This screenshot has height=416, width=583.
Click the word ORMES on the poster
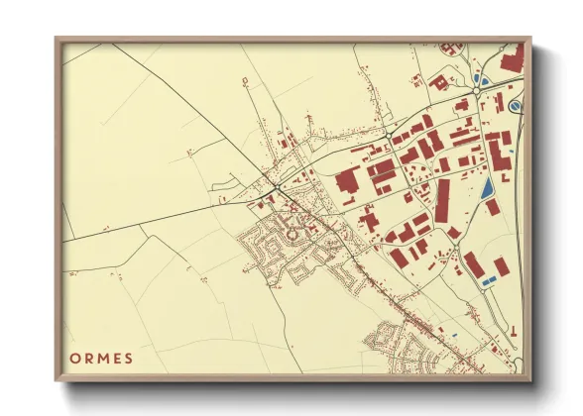click(100, 357)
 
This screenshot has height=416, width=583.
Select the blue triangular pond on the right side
click(486, 187)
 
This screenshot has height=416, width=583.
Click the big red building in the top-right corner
click(512, 58)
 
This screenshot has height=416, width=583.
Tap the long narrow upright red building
click(442, 201)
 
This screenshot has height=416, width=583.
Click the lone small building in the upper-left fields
click(241, 79)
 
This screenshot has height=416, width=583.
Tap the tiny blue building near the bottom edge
click(452, 335)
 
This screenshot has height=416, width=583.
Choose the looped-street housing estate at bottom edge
click(397, 347)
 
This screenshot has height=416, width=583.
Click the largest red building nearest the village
click(348, 181)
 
